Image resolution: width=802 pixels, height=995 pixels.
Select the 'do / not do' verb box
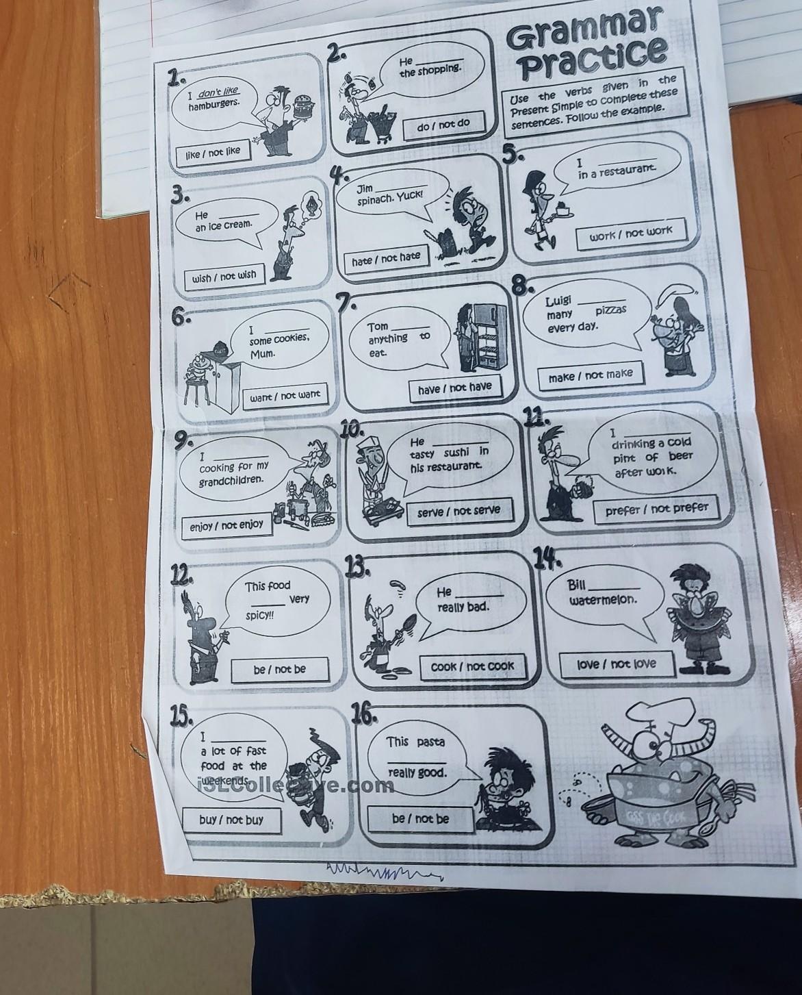click(x=443, y=124)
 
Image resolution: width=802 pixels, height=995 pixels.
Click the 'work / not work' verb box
click(x=631, y=234)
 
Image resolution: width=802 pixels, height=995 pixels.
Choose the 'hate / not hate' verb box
click(x=386, y=258)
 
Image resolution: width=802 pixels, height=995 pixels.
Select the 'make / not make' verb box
click(x=591, y=375)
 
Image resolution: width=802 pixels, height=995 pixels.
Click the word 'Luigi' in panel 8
click(x=558, y=301)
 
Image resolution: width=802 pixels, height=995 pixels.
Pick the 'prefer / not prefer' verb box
click(x=656, y=509)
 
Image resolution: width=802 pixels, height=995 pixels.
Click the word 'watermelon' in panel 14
click(x=603, y=600)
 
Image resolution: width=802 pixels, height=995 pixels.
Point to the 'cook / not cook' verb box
click(x=473, y=666)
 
